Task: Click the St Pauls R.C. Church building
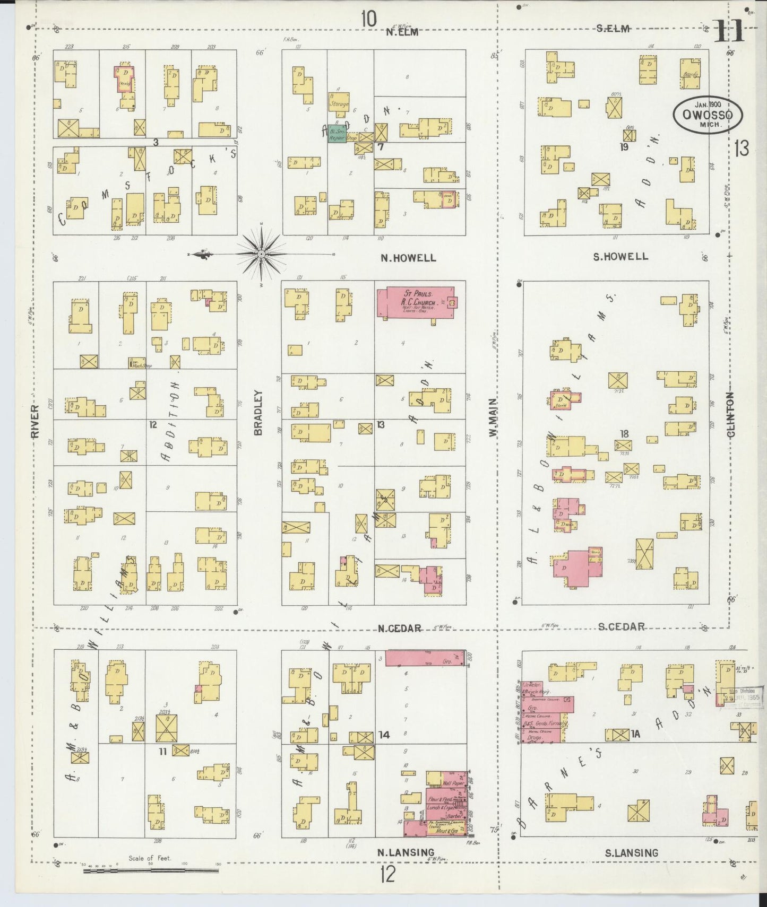pos(416,303)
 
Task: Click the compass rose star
pos(261,255)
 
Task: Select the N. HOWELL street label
pos(408,258)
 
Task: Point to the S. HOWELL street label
pos(621,257)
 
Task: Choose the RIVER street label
pos(36,421)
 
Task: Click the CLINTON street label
pos(732,415)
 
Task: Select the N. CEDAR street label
pos(400,629)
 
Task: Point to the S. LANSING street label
pos(632,853)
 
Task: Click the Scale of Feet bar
pos(151,870)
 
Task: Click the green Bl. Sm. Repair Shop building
pos(338,134)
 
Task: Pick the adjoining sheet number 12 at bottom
pos(387,874)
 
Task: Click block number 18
pos(624,434)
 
